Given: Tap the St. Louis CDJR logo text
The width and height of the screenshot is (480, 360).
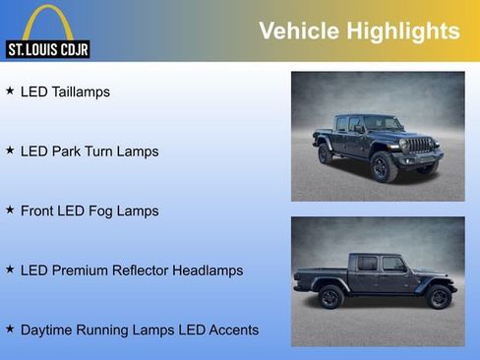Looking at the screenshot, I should (x=47, y=48).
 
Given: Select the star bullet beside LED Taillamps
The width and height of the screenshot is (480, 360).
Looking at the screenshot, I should (x=10, y=91).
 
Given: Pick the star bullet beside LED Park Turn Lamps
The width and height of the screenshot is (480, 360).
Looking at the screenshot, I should (x=10, y=150).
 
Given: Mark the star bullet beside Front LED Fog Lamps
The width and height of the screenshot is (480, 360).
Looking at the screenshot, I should (x=10, y=210).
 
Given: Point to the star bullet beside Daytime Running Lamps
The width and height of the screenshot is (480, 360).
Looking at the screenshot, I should (x=10, y=329).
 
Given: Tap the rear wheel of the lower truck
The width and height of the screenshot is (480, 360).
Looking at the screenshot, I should (x=330, y=297).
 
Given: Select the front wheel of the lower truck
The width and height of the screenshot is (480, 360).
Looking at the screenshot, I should (x=437, y=297).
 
